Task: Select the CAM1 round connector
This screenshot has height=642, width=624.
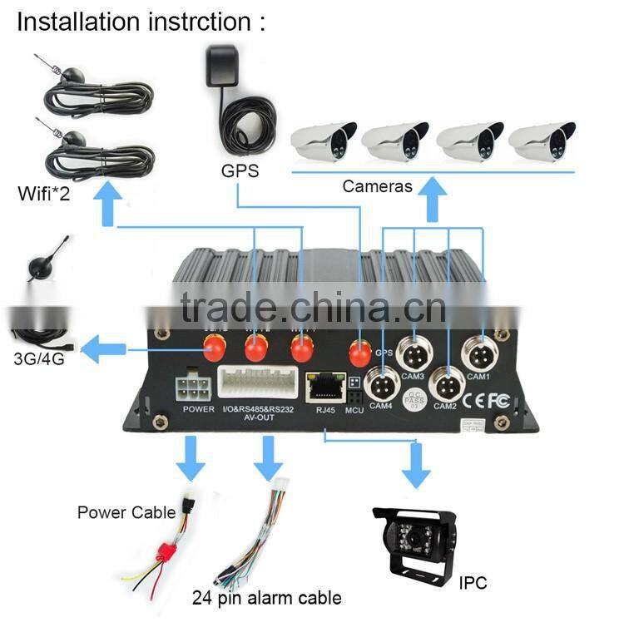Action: (x=478, y=355)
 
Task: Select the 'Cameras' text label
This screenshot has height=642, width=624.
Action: (x=377, y=186)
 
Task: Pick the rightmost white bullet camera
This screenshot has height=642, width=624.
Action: (x=544, y=141)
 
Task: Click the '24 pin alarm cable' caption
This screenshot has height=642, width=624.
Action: (x=266, y=597)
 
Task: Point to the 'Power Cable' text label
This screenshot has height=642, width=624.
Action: (x=126, y=512)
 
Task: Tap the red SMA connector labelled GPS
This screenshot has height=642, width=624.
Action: (x=358, y=353)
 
